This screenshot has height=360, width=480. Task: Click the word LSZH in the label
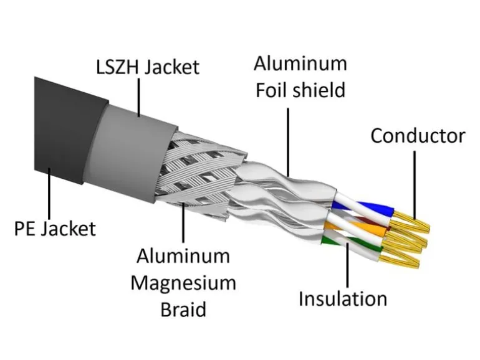(x=117, y=67)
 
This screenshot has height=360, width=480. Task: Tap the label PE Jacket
(x=55, y=229)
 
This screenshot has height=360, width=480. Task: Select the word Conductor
(x=418, y=136)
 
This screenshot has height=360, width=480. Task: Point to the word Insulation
(x=343, y=298)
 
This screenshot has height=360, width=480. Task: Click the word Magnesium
(x=183, y=283)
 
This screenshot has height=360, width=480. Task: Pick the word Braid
(x=183, y=310)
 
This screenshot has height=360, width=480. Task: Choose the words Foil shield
(x=300, y=90)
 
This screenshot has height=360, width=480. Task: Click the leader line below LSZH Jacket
(x=139, y=98)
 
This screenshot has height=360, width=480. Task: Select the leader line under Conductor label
(x=415, y=185)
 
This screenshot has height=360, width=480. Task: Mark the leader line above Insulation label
(x=348, y=264)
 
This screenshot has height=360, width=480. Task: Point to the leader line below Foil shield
(x=288, y=142)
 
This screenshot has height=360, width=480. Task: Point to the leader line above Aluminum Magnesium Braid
(x=183, y=222)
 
